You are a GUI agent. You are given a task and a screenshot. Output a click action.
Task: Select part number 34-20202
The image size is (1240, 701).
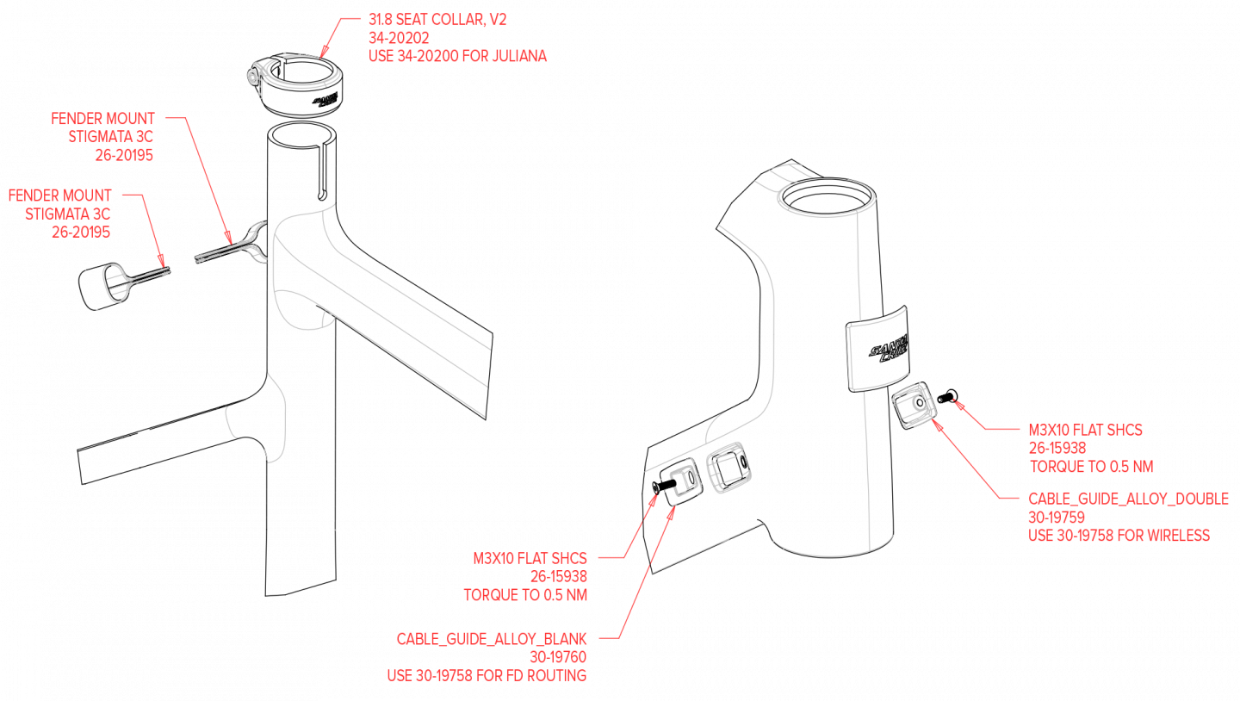coord(399,39)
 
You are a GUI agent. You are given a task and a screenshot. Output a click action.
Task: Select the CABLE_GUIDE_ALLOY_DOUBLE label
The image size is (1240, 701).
coord(1128,499)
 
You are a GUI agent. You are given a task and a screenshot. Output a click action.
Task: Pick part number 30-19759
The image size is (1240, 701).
coord(1056,518)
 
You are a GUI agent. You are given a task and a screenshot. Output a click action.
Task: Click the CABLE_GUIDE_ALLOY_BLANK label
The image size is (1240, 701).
coord(492,639)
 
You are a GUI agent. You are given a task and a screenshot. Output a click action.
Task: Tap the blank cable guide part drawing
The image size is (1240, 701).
coord(682,484)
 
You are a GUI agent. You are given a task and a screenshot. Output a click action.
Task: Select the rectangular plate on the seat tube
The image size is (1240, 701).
coord(878,349)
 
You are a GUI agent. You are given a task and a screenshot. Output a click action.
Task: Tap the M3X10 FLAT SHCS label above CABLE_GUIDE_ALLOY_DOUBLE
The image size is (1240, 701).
coord(1086,430)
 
